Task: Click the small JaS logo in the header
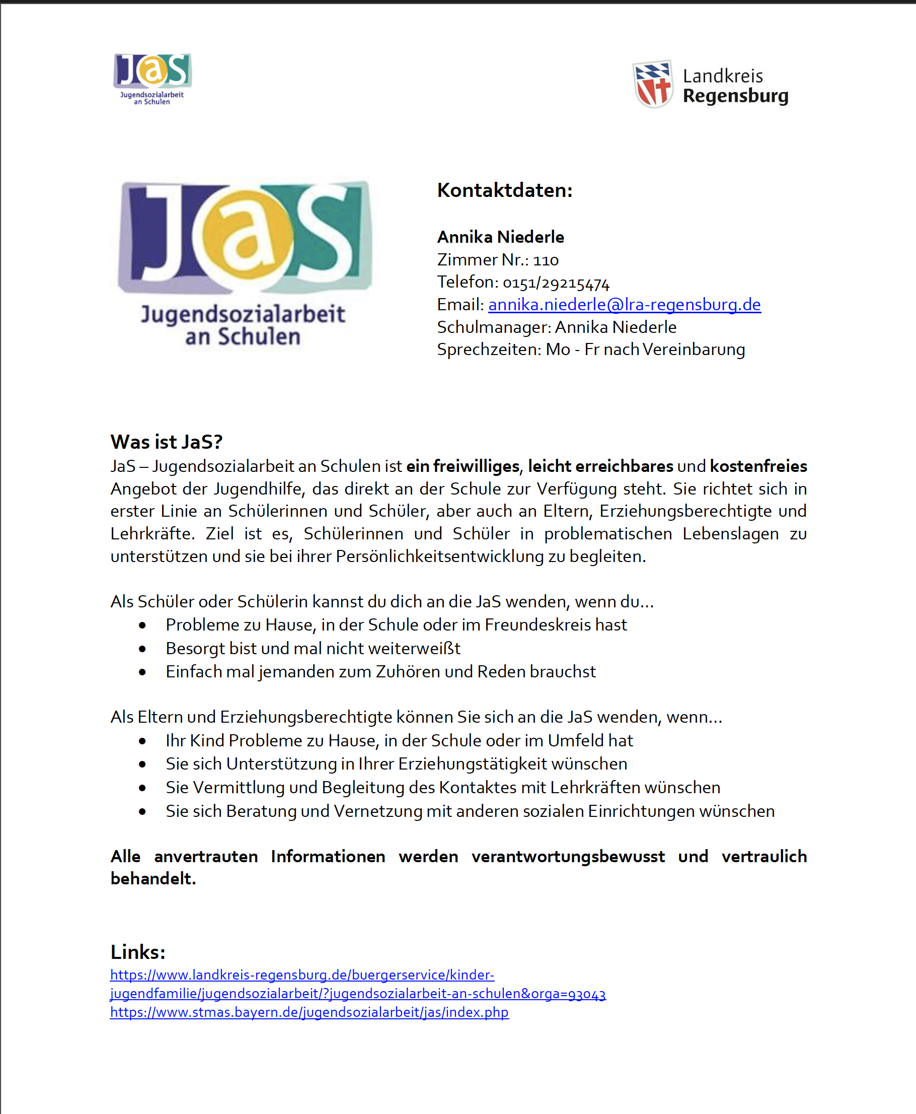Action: tap(152, 78)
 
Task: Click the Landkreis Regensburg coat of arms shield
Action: tap(653, 85)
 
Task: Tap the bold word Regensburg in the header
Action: tap(735, 96)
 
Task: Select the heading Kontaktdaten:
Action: tap(504, 190)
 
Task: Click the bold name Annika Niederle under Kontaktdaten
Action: tap(500, 237)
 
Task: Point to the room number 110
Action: tap(546, 260)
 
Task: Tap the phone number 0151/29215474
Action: tap(556, 283)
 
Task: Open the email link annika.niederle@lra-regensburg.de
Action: tap(624, 305)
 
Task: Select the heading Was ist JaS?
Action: tap(166, 441)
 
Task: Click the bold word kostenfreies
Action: tap(758, 466)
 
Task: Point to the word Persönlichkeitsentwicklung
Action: tap(439, 556)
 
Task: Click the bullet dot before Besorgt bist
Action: tap(142, 649)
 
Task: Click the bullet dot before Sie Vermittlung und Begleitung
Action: tap(142, 788)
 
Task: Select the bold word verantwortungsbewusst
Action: tap(568, 856)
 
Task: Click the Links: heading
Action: tap(138, 952)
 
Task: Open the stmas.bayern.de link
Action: tap(309, 1012)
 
